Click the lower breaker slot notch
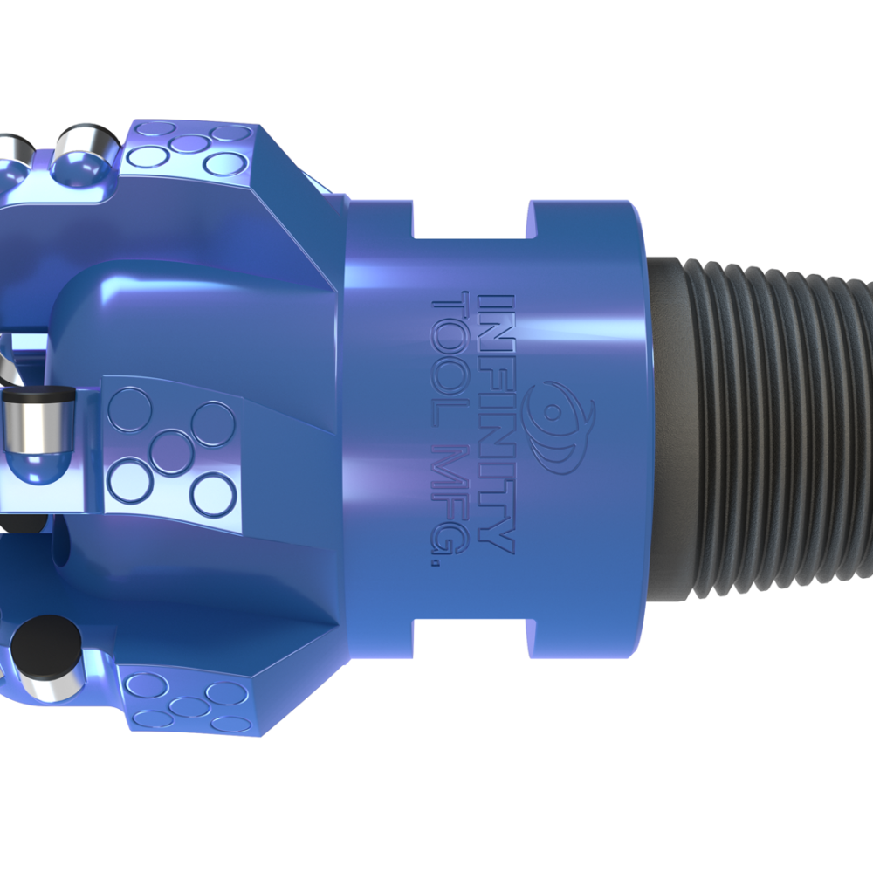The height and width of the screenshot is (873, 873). click(x=470, y=635)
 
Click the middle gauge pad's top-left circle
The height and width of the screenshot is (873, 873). click(x=131, y=409)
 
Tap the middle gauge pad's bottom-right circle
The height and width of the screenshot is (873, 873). click(x=213, y=494)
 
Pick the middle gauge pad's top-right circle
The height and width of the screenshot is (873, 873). click(x=213, y=423)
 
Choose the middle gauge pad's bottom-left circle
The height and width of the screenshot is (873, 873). click(x=133, y=481)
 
